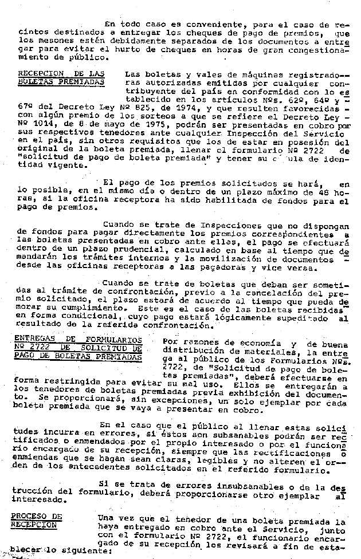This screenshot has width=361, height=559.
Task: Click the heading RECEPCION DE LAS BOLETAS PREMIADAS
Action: click(61, 78)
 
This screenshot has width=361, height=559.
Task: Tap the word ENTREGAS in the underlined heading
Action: click(35, 339)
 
